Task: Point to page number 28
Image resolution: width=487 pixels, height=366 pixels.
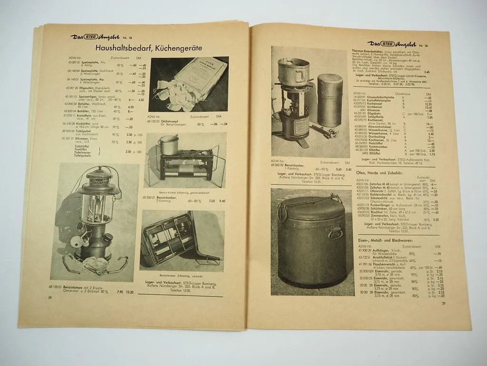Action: click(x=49, y=297)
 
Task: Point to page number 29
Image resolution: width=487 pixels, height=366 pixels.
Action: click(x=443, y=303)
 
